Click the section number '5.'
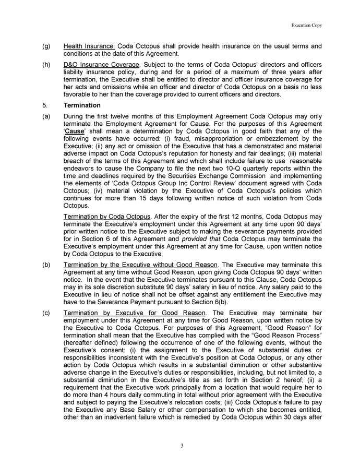[44, 105]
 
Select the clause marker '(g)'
[46, 46]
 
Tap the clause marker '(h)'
[46, 64]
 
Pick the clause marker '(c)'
[46, 313]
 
